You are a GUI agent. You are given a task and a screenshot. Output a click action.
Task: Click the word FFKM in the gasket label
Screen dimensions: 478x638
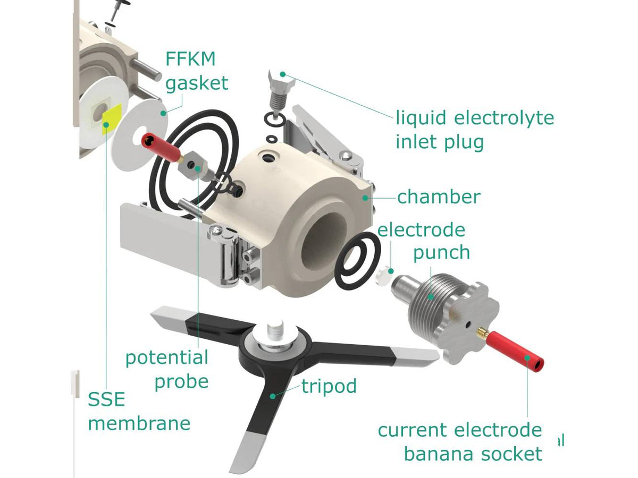(190, 59)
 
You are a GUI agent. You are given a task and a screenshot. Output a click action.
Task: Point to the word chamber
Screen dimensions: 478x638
(439, 197)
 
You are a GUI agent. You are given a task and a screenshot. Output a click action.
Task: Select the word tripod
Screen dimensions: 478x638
(329, 386)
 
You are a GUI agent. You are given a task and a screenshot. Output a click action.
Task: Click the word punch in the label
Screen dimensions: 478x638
(441, 252)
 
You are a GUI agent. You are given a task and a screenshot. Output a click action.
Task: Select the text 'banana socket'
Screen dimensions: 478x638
(473, 454)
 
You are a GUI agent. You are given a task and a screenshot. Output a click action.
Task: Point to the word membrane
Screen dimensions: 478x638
(139, 423)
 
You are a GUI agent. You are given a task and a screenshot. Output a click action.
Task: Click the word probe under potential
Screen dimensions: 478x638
(181, 381)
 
